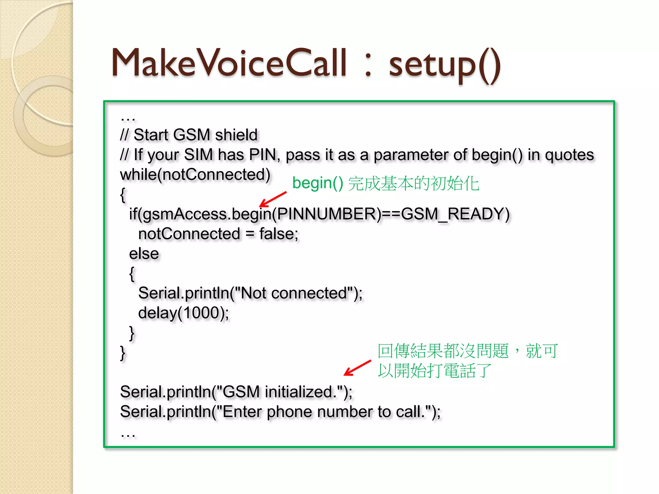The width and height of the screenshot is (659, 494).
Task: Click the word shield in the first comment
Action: (x=237, y=135)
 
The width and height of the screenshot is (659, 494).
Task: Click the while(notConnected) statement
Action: (x=195, y=175)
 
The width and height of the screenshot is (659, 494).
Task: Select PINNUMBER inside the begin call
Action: (x=326, y=214)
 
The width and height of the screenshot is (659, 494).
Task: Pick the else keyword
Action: (x=144, y=254)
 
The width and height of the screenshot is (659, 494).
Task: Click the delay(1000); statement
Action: (x=183, y=313)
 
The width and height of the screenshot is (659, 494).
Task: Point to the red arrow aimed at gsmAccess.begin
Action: (x=273, y=199)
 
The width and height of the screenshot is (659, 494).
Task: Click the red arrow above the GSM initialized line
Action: (x=357, y=368)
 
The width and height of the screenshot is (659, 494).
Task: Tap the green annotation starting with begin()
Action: (x=385, y=183)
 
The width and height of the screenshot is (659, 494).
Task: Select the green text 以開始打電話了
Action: (x=434, y=371)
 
